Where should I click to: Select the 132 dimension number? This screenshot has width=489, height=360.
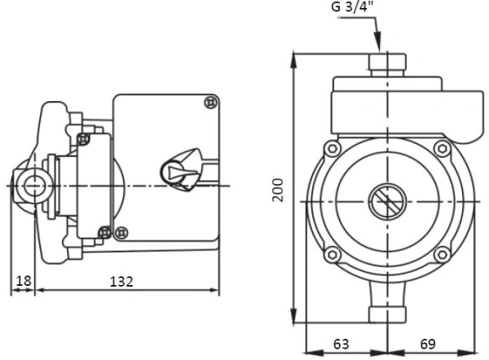coord(122,281)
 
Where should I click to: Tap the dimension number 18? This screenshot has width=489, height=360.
coord(23,281)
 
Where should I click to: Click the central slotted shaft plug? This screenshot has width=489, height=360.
coord(384,200)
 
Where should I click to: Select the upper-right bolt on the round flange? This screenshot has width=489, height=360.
coord(442,149)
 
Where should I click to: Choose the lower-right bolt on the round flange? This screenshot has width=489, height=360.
coord(442,254)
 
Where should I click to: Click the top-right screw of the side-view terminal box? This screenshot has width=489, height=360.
coord(210,103)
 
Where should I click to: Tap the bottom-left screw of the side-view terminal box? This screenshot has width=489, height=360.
coord(120,232)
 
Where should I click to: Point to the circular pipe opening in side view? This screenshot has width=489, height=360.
coord(33,185)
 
